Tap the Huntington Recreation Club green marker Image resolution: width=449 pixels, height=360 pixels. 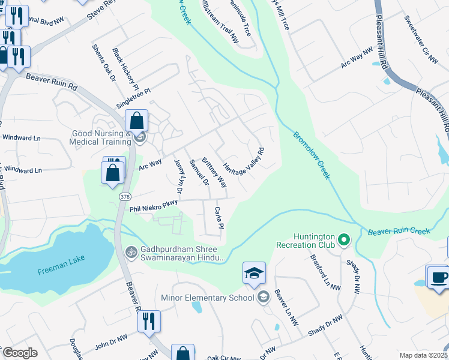tap(344, 241)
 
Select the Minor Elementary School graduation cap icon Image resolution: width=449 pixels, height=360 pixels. tap(254, 273)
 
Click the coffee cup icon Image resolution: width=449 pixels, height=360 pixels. tap(436, 276)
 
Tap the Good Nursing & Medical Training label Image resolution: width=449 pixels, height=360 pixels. tap(100, 137)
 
